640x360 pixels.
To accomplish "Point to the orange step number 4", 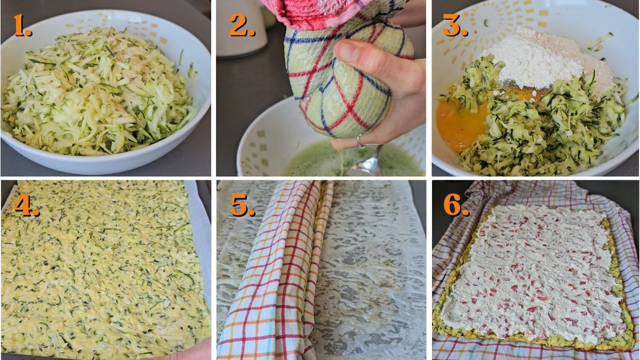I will point(26,205).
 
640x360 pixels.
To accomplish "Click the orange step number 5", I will point(241,205).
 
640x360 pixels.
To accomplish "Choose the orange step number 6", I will point(456,205).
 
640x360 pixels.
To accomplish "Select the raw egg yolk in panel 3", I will point(461,125).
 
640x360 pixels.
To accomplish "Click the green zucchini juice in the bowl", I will point(315,163).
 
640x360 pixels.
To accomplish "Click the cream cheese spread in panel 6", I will point(533,272).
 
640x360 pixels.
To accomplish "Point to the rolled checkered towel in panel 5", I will point(277,267).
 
